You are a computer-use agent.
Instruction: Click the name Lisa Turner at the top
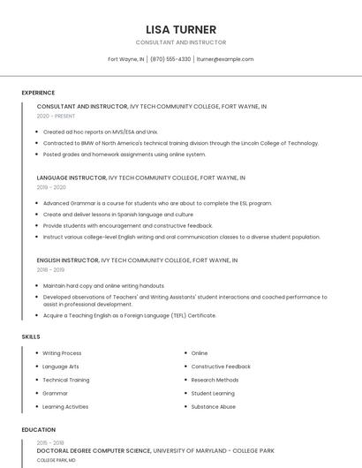pos(181,29)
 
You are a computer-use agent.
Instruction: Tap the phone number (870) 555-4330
pos(170,59)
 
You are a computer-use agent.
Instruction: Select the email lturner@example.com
pos(225,59)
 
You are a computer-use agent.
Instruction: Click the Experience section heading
pos(38,93)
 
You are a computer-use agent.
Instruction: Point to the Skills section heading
pos(31,336)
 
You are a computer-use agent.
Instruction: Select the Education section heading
pos(39,430)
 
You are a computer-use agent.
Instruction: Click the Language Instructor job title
pos(71,177)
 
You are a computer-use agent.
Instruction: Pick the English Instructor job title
pos(67,260)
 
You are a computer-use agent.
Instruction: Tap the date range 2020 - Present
pos(56,116)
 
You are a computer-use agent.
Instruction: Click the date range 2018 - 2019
pos(51,270)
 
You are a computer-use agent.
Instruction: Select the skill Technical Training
pos(66,380)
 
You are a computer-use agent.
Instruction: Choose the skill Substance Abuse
pos(214,406)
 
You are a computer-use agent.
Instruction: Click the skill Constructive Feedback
pos(221,366)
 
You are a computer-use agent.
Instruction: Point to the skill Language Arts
pos(61,366)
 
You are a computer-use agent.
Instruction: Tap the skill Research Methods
pos(215,380)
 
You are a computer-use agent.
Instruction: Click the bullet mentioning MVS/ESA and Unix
pos(100,132)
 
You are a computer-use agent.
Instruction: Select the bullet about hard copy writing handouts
pos(103,286)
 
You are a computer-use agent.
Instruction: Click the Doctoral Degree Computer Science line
pos(94,450)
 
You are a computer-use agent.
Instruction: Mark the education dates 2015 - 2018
pos(50,442)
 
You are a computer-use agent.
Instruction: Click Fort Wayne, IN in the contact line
pos(126,59)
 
